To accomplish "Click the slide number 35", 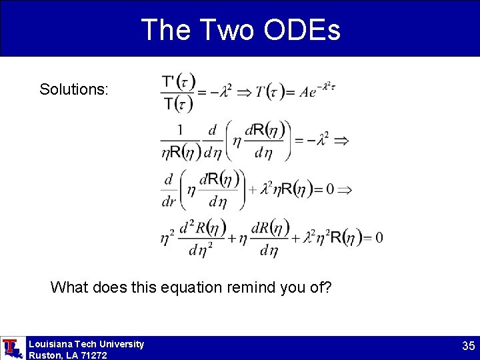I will coord(468,346).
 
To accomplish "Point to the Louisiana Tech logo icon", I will coord(11,348).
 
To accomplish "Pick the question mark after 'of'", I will coord(329,287).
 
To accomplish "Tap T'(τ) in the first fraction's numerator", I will coord(178,82).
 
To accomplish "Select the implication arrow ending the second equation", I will coord(341,141).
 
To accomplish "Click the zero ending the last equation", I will coord(379,237).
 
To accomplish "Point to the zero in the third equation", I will coord(329,189).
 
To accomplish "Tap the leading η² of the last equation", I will coord(167,237).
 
